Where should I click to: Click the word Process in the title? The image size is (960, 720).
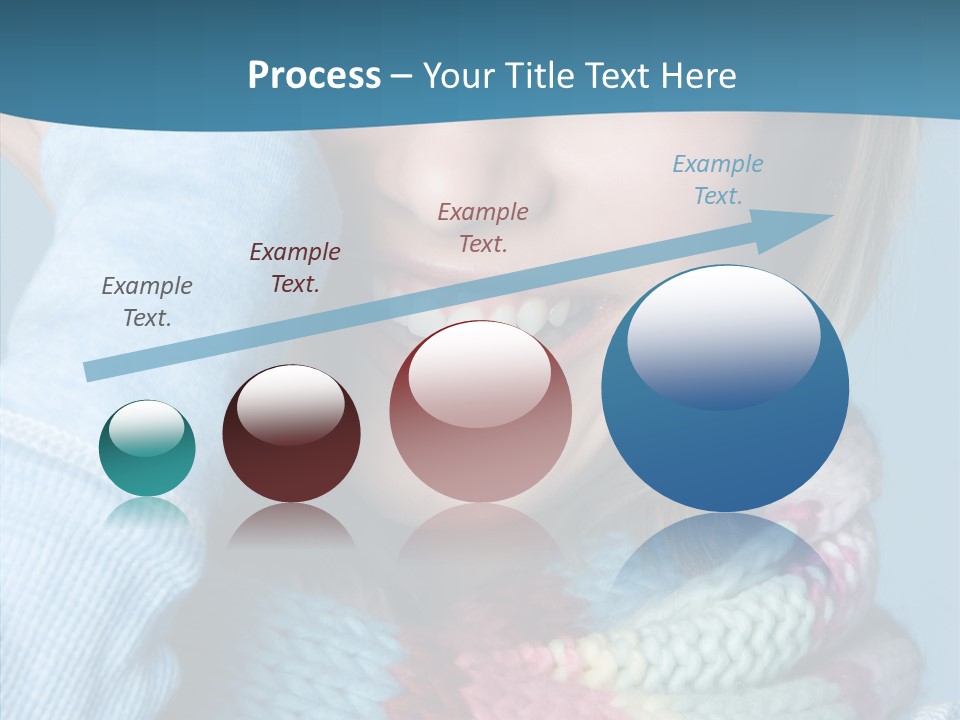(x=314, y=75)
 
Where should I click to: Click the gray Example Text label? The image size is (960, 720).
(x=147, y=302)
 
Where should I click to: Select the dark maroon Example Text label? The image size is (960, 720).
(x=295, y=268)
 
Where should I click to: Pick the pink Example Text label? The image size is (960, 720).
(x=483, y=227)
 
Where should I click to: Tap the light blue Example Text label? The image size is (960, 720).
(x=718, y=180)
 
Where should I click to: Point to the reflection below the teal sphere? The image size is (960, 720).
(x=147, y=512)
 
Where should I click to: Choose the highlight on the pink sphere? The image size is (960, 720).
(x=480, y=373)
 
